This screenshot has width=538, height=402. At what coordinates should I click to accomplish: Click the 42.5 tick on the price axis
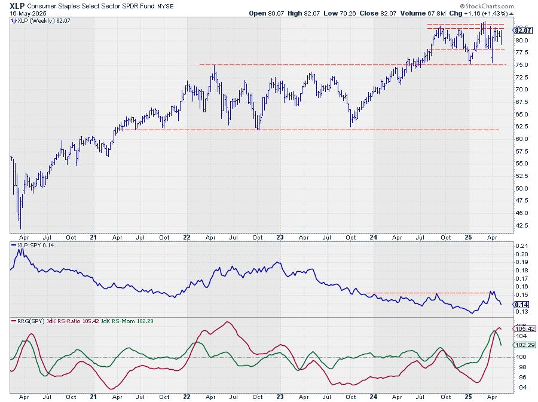pos(522,225)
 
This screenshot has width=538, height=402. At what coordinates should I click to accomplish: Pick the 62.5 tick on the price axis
pos(522,127)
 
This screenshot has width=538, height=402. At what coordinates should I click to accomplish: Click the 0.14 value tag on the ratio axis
pos(521,303)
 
